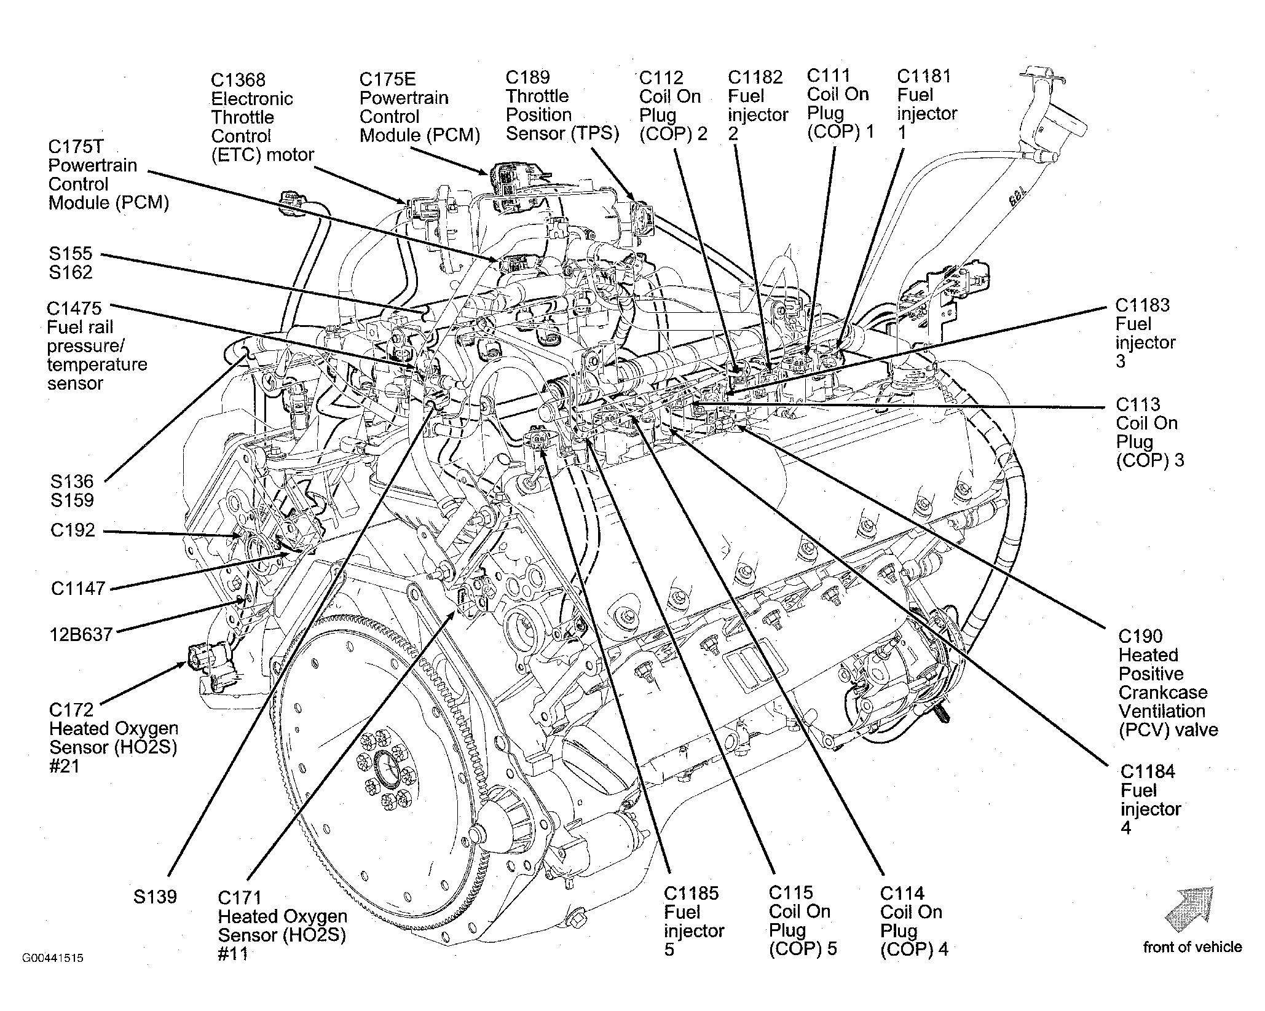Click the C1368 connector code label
click(x=238, y=80)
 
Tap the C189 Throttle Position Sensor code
click(x=528, y=77)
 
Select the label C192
click(x=73, y=530)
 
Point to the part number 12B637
click(x=82, y=634)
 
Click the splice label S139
click(x=156, y=897)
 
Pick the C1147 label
click(x=78, y=588)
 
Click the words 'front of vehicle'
click(x=1192, y=947)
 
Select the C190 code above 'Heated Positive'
click(x=1141, y=636)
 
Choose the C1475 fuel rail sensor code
click(x=74, y=308)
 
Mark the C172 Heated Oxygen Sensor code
click(x=71, y=710)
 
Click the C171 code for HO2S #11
click(x=240, y=898)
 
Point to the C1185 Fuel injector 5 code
click(x=692, y=893)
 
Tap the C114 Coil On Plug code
click(x=902, y=893)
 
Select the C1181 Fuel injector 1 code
click(x=924, y=76)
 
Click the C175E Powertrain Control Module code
click(x=388, y=79)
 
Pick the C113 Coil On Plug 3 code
click(x=1138, y=404)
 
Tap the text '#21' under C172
click(x=65, y=766)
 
